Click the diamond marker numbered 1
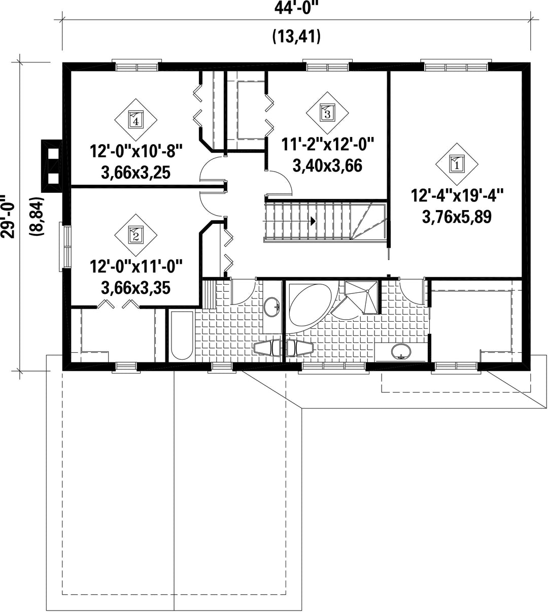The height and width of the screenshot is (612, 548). pyautogui.click(x=457, y=164)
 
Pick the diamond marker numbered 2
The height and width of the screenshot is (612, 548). pyautogui.click(x=135, y=235)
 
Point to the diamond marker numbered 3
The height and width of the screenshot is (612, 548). pyautogui.click(x=327, y=113)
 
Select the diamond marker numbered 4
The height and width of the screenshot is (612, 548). pyautogui.click(x=135, y=120)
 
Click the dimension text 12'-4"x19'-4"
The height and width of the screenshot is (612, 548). pyautogui.click(x=457, y=195)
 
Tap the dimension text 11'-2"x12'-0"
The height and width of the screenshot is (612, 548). pyautogui.click(x=328, y=145)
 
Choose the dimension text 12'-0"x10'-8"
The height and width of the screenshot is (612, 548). pyautogui.click(x=136, y=151)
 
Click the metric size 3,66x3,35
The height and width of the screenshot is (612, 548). pyautogui.click(x=136, y=288)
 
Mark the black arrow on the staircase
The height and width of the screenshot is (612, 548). pyautogui.click(x=313, y=221)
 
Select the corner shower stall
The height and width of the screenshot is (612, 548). pyautogui.click(x=362, y=297)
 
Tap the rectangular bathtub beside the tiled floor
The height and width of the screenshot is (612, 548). pyautogui.click(x=182, y=335)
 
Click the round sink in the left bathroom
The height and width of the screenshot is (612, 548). pyautogui.click(x=272, y=307)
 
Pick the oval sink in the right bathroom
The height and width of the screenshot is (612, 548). pyautogui.click(x=401, y=352)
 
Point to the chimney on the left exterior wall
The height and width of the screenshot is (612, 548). pyautogui.click(x=52, y=166)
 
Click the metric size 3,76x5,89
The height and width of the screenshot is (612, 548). pyautogui.click(x=457, y=217)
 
